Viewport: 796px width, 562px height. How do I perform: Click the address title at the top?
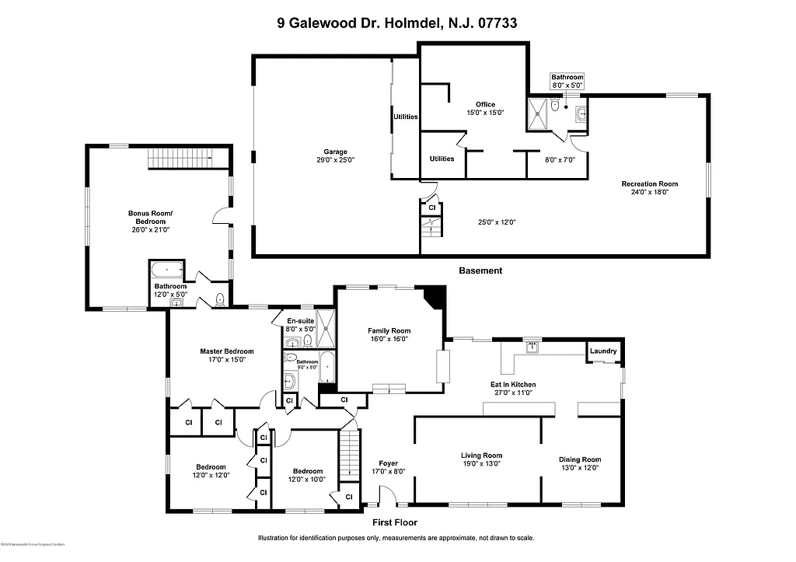tap(397, 23)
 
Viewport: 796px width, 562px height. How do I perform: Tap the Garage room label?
tap(336, 155)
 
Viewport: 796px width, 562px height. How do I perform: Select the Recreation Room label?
tap(649, 187)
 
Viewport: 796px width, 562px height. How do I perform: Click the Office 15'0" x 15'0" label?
tap(485, 108)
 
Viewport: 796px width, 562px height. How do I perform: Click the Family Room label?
tap(389, 334)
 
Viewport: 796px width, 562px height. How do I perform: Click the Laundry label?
tap(603, 351)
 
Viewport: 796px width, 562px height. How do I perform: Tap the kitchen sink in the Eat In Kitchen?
tap(532, 347)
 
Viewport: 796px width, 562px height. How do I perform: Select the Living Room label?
tap(482, 459)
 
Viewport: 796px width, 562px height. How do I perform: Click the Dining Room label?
tap(580, 463)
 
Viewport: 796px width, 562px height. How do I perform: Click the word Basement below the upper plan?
tap(480, 271)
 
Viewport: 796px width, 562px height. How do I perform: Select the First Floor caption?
tap(394, 522)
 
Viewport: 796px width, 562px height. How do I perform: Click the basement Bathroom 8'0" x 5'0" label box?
tap(567, 81)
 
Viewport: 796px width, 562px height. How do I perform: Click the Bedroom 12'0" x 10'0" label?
tap(308, 475)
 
